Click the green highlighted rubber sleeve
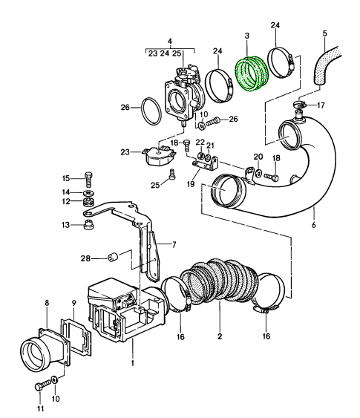tap(252, 74)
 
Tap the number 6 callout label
tap(313, 225)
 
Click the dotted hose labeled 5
tap(326, 65)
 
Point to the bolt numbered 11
tap(42, 385)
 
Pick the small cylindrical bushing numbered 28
tap(113, 257)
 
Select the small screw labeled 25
tap(172, 173)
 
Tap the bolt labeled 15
tap(89, 180)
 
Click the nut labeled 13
tap(89, 225)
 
